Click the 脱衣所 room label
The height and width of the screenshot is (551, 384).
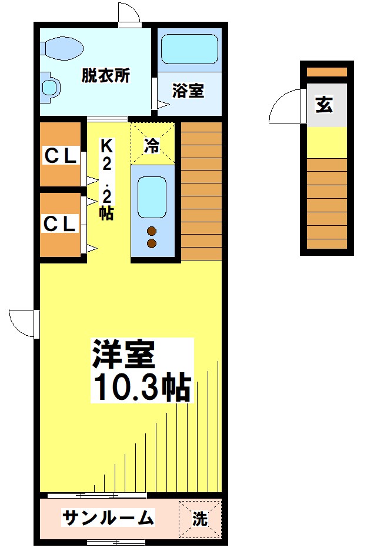106,76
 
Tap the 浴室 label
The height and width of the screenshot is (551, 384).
188,91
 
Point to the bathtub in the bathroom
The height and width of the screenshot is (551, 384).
189,49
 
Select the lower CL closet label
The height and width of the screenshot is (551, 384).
60,223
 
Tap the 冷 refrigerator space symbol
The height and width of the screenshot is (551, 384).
152,145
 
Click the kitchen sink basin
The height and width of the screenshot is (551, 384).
152,198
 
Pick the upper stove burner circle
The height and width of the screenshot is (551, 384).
152,231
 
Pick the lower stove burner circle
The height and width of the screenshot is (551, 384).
152,242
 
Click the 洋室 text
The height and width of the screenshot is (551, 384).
123,355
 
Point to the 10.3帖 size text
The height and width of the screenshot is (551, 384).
142,386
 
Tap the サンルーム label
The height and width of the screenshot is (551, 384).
108,518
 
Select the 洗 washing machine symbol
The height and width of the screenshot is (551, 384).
200,519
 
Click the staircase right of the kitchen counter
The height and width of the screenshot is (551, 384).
201,189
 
